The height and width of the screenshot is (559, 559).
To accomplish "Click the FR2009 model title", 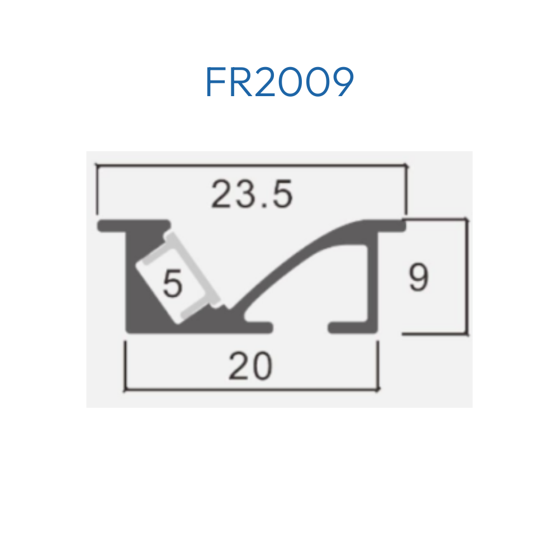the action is (279, 82).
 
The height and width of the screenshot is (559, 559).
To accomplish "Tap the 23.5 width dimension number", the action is (252, 195).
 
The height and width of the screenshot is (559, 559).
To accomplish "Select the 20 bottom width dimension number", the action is (250, 366).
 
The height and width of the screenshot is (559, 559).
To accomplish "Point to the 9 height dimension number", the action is (419, 277).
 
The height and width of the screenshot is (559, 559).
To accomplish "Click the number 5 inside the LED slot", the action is (173, 283).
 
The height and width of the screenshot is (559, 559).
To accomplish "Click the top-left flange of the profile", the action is (134, 226).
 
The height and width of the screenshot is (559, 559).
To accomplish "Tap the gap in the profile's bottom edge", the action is (300, 328).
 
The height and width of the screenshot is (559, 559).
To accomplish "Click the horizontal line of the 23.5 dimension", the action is (252, 165).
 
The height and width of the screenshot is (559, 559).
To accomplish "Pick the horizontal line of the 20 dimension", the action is (252, 390).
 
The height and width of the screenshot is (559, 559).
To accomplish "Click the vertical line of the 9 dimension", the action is (466, 277).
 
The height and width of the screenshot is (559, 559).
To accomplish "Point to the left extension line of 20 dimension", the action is (125, 366).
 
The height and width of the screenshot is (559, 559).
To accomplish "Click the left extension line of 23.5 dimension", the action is (97, 190).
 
